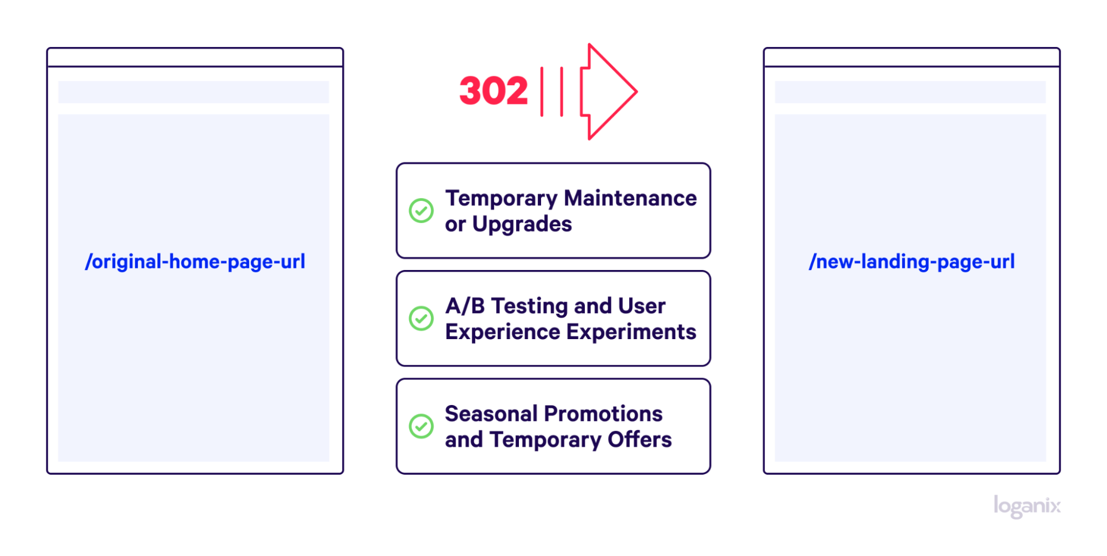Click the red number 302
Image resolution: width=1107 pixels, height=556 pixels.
pyautogui.click(x=493, y=91)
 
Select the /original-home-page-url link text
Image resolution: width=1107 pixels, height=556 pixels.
pyautogui.click(x=195, y=262)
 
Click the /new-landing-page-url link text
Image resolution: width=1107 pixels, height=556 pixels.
pyautogui.click(x=912, y=262)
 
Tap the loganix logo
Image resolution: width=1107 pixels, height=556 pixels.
pyautogui.click(x=1027, y=506)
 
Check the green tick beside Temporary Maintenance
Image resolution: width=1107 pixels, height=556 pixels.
pyautogui.click(x=421, y=211)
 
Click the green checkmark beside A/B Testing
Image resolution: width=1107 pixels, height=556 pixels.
pyautogui.click(x=421, y=319)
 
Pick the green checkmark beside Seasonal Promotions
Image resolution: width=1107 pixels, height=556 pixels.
pyautogui.click(x=421, y=426)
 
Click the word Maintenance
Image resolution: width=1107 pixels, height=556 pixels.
pyautogui.click(x=630, y=198)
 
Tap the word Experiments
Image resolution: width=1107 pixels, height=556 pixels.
pyautogui.click(x=631, y=332)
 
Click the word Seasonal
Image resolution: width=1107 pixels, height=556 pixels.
pyautogui.click(x=491, y=414)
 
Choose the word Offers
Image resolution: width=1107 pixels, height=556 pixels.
pyautogui.click(x=640, y=440)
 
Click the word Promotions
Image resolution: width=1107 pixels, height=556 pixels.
pyautogui.click(x=603, y=414)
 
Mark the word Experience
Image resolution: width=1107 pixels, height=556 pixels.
pyautogui.click(x=503, y=332)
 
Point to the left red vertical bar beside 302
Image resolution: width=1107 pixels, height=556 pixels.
pyautogui.click(x=542, y=92)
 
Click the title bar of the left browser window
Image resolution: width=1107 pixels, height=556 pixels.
pyautogui.click(x=195, y=58)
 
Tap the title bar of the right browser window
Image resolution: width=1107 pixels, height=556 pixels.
pyautogui.click(x=912, y=58)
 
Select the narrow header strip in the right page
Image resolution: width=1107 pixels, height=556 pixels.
pyautogui.click(x=910, y=92)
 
